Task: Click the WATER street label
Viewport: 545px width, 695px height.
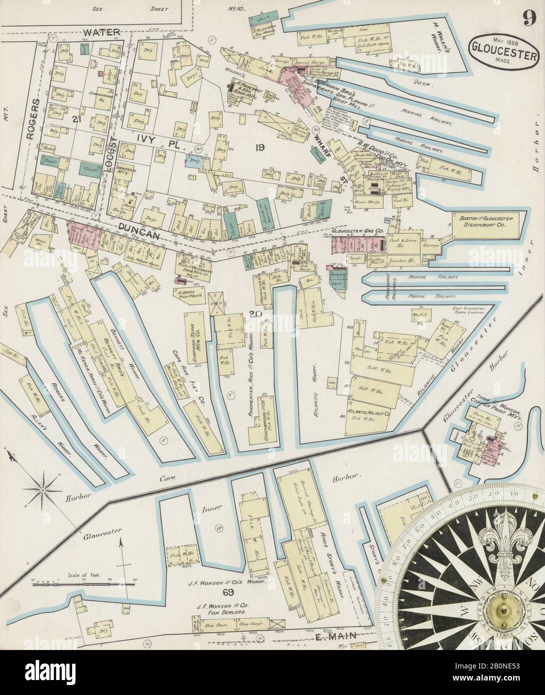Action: click(101, 32)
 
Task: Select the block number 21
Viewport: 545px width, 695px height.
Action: click(76, 118)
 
